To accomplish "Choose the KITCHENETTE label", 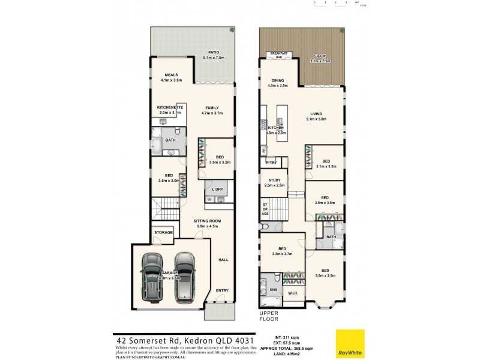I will tap(170, 107).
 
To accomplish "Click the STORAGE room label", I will tap(163, 232).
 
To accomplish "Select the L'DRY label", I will tap(217, 188).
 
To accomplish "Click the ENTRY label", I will tap(222, 290).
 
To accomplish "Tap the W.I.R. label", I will tap(293, 293).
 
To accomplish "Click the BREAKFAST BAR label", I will tap(279, 55).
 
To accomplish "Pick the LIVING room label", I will tap(316, 114).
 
